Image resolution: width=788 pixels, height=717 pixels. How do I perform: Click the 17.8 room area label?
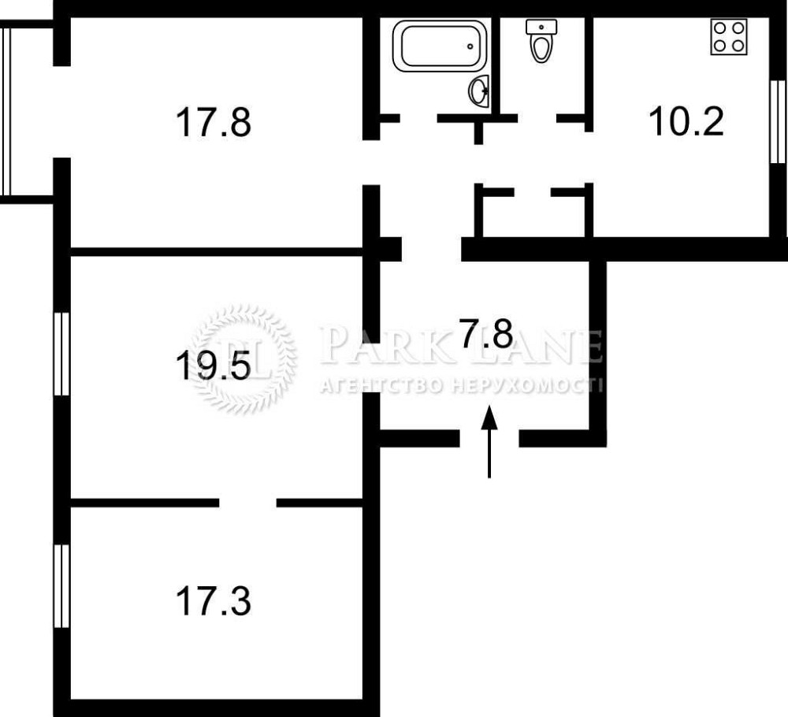pyautogui.click(x=213, y=122)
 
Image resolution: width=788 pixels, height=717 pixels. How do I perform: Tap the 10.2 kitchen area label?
pyautogui.click(x=686, y=121)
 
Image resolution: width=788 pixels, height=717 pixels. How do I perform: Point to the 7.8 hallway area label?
pyautogui.click(x=486, y=333)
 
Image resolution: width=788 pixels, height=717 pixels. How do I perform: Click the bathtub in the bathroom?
pyautogui.click(x=440, y=46)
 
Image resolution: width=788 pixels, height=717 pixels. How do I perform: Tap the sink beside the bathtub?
pyautogui.click(x=479, y=91)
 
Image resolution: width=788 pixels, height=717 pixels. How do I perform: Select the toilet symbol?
pyautogui.click(x=541, y=41)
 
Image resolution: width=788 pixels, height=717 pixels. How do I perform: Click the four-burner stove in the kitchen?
pyautogui.click(x=729, y=37)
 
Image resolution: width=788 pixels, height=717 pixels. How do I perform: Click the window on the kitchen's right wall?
pyautogui.click(x=778, y=121)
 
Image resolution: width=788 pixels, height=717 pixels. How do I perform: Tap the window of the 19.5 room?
pyautogui.click(x=61, y=353)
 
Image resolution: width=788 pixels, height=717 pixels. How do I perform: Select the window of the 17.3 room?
pyautogui.click(x=61, y=586)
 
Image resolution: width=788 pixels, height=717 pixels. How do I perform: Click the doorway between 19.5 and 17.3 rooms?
pyautogui.click(x=247, y=503)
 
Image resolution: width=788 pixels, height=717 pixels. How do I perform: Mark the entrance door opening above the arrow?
pyautogui.click(x=489, y=438)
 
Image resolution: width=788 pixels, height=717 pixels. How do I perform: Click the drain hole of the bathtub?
pyautogui.click(x=470, y=46)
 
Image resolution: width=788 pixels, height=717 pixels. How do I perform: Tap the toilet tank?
pyautogui.click(x=541, y=27)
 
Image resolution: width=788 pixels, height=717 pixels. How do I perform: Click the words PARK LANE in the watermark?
pyautogui.click(x=460, y=345)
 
